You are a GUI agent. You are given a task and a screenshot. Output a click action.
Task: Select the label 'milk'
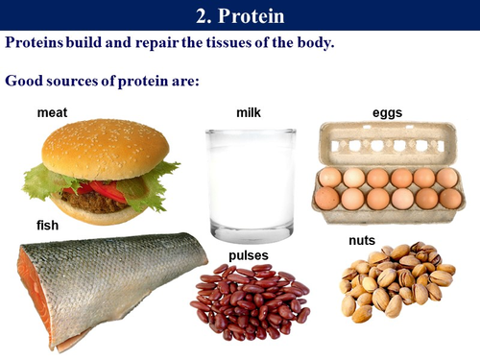(249, 113)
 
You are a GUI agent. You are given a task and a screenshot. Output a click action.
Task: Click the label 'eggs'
(387, 113)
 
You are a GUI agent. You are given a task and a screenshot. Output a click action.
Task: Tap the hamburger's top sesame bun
(104, 147)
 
